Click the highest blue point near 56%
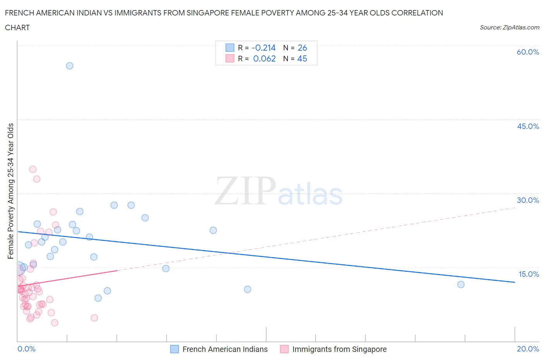[70, 66]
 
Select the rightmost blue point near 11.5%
[461, 285]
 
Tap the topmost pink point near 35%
[33, 170]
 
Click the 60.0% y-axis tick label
[528, 52]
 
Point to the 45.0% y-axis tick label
[528, 126]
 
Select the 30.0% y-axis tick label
[528, 200]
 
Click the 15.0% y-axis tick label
[529, 274]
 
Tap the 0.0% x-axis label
[26, 349]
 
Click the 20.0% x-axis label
[528, 349]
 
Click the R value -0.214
[263, 48]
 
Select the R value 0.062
[264, 58]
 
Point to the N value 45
[302, 58]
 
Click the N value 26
[302, 48]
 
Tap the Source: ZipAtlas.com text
[509, 27]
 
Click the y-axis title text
[10, 191]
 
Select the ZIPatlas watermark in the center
[279, 191]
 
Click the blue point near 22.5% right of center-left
[213, 230]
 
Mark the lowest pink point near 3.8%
[55, 323]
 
